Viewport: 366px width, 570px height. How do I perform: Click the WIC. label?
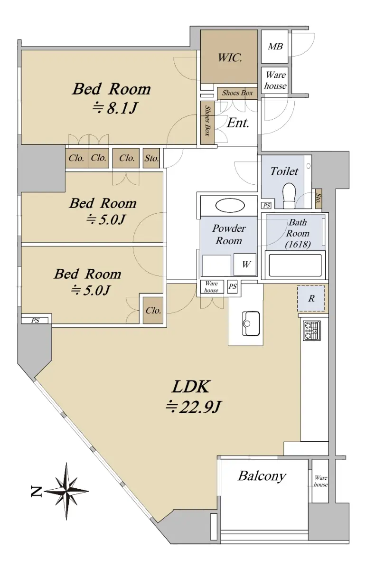click(230, 58)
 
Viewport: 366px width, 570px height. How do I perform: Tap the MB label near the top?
click(275, 47)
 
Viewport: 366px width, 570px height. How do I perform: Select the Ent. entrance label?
click(238, 123)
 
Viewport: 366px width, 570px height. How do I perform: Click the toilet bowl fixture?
click(289, 195)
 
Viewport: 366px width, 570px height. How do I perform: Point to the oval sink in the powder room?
click(230, 205)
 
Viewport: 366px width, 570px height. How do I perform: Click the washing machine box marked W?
click(245, 265)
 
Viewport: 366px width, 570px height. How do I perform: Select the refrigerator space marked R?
click(311, 298)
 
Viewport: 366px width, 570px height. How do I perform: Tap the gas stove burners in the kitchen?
click(312, 331)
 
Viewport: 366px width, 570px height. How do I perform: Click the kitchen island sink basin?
click(251, 323)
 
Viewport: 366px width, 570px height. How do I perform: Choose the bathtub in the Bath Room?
click(295, 265)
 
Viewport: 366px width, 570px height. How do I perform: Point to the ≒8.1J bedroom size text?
click(115, 108)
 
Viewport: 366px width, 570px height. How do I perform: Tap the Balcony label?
click(262, 475)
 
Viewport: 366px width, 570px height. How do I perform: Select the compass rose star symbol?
click(66, 491)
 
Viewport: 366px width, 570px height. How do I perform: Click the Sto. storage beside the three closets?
click(151, 158)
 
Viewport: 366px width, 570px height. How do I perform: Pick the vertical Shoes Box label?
click(207, 121)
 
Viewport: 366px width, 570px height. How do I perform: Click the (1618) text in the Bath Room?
click(298, 245)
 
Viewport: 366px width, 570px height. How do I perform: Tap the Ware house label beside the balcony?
click(320, 481)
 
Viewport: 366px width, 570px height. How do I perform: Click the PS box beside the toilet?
click(267, 205)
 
